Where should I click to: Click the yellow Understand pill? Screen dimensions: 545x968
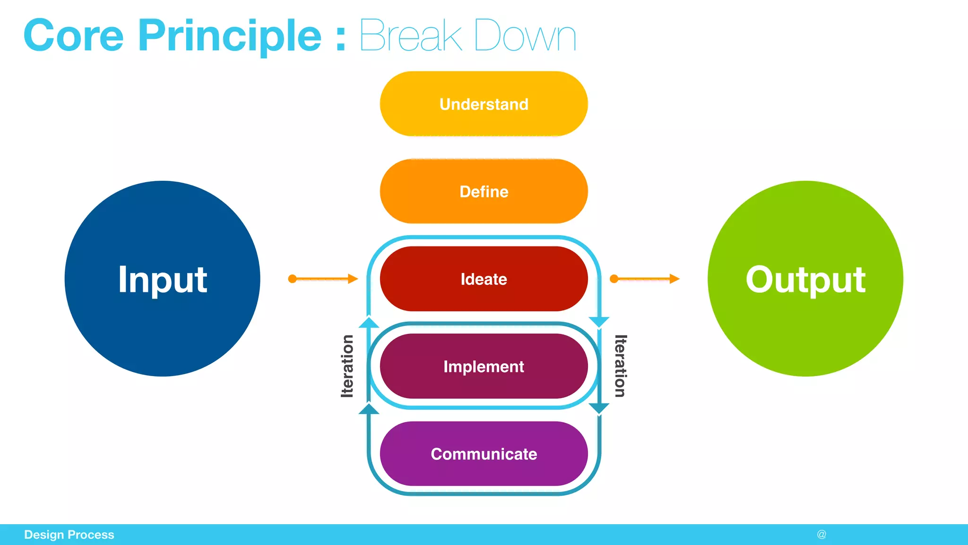coord(484,104)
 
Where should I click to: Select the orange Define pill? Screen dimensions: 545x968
coord(484,192)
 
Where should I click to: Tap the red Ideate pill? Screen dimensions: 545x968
coord(484,279)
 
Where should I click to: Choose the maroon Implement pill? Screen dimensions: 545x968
coord(484,367)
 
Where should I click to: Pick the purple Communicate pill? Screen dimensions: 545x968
coord(484,454)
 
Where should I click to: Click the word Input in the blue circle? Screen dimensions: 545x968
coord(162,280)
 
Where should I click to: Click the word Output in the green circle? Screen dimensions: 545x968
coord(805,280)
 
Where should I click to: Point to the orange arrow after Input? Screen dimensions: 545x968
coord(323,279)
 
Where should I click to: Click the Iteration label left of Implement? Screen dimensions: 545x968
coord(347,366)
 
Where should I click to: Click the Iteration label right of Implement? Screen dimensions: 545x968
coord(620,366)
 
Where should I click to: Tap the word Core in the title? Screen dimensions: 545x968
coord(74,36)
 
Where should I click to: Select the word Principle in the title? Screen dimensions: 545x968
coord(230,36)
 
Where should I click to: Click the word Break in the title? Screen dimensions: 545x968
coord(410,36)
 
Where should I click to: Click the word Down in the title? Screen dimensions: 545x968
coord(525,36)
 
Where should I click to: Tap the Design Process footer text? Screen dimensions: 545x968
coord(69,535)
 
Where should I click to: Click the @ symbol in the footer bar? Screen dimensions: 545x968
coord(821,535)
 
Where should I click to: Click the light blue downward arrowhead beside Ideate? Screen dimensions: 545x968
coord(599,322)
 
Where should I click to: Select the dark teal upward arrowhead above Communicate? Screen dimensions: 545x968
coord(369,409)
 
